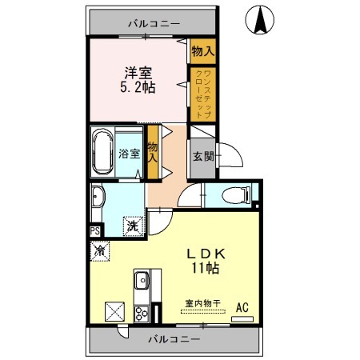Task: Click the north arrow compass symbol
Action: click(x=259, y=20)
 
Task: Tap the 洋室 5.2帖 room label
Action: click(x=138, y=80)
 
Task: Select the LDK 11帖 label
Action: click(x=206, y=261)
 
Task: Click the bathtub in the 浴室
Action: click(x=102, y=152)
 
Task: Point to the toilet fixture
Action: click(x=236, y=195)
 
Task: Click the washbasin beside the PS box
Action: click(x=98, y=197)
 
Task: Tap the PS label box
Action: click(x=95, y=231)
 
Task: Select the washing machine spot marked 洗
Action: click(x=133, y=226)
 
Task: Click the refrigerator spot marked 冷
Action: click(x=100, y=251)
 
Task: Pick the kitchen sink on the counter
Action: click(x=142, y=280)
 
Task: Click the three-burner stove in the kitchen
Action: click(x=142, y=314)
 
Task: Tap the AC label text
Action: click(x=242, y=307)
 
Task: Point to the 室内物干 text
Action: click(x=203, y=303)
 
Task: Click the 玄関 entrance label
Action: click(x=203, y=157)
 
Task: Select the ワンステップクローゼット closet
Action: click(x=203, y=94)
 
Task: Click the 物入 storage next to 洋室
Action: click(x=203, y=51)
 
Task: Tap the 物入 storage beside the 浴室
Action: click(x=153, y=152)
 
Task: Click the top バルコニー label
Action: click(x=154, y=24)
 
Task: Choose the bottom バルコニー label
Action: click(x=174, y=339)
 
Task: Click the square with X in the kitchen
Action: click(x=115, y=311)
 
